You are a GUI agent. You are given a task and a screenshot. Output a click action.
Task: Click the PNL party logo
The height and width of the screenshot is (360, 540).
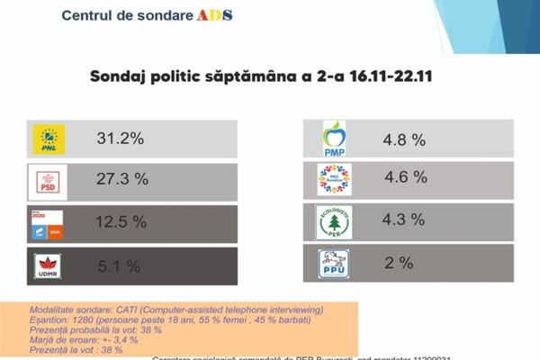tap(49, 139)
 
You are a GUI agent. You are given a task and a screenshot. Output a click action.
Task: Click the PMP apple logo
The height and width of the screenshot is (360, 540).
tap(335, 139)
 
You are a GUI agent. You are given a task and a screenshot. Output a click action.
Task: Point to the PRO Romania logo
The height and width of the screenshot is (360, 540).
tap(334, 179)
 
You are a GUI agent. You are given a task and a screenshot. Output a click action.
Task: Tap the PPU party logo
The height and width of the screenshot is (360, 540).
tap(334, 263)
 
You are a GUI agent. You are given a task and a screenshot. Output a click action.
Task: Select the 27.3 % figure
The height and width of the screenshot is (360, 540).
tap(122, 180)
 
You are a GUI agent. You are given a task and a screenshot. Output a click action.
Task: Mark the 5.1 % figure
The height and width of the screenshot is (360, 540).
tap(119, 265)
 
